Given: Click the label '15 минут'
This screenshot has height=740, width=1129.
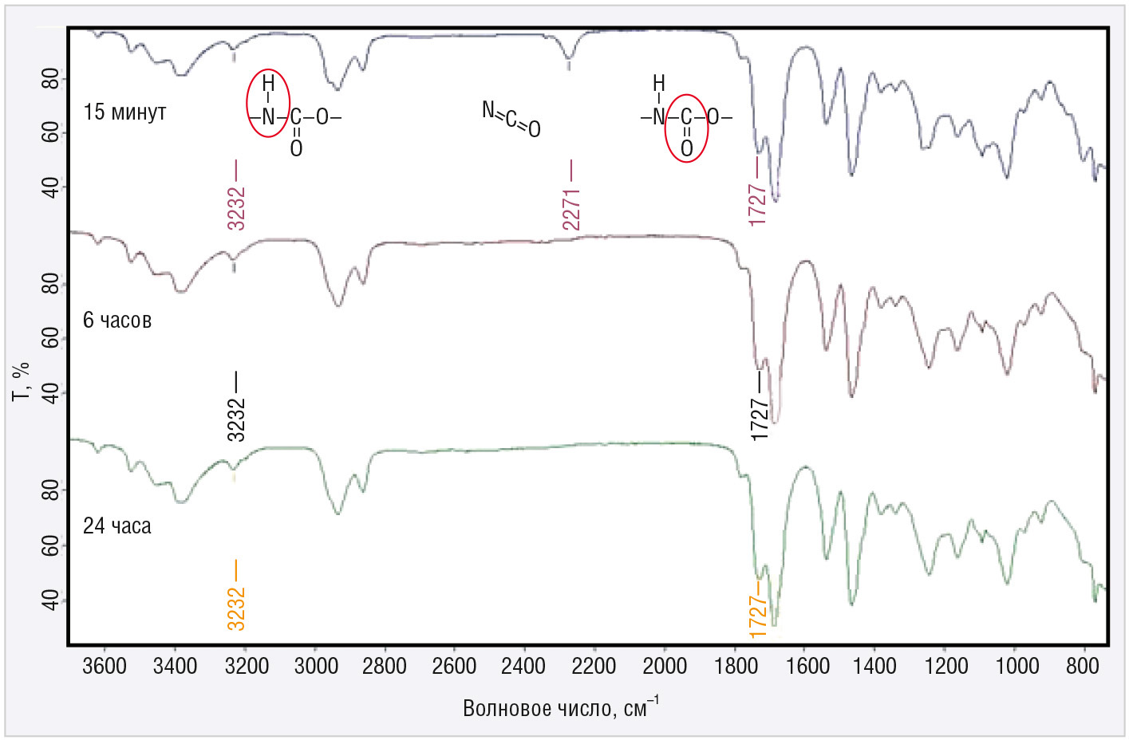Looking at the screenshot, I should tap(124, 112).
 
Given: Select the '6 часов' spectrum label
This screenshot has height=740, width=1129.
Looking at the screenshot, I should tap(117, 321).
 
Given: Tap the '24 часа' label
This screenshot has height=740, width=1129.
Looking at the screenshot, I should tap(117, 526).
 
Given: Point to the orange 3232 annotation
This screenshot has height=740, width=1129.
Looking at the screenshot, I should tap(236, 608).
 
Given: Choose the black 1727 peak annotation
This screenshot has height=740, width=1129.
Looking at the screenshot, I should tap(759, 419).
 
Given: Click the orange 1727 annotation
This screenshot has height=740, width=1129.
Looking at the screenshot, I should tap(758, 615).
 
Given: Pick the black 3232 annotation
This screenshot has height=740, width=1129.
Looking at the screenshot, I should tap(236, 419).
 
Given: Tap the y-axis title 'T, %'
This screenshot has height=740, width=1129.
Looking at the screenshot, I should tap(22, 381).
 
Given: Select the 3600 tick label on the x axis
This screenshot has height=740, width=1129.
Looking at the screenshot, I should tap(105, 667).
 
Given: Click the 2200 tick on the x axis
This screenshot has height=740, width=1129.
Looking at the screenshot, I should tap(594, 667).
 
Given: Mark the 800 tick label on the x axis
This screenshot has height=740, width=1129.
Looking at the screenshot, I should tap(1083, 667).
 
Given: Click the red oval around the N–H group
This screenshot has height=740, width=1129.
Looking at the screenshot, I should tap(268, 103).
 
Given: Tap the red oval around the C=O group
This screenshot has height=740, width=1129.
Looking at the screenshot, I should tap(686, 128).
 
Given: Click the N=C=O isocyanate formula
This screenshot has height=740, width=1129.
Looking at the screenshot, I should tap(511, 119).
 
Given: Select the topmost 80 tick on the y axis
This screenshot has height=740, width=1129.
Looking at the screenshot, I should tap(50, 79).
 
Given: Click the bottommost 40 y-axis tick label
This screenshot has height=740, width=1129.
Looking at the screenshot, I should tap(50, 600).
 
